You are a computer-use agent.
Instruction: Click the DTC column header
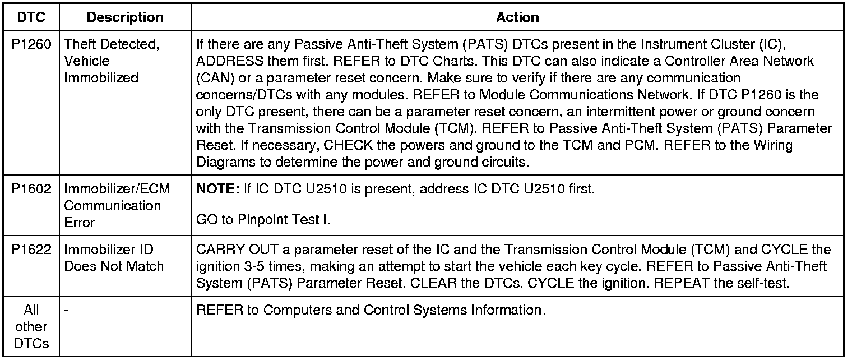(x=31, y=17)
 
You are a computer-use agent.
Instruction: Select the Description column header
(x=124, y=17)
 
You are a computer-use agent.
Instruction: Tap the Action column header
(x=517, y=17)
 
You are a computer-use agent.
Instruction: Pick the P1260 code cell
(x=31, y=44)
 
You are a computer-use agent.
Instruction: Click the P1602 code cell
(x=31, y=189)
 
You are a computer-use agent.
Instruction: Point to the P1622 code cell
(x=31, y=249)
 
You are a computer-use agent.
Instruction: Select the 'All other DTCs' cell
(x=31, y=327)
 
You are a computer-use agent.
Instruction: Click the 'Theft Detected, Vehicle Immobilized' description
(x=111, y=61)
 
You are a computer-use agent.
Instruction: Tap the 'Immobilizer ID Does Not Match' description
(x=114, y=257)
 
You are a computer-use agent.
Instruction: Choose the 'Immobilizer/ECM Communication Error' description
(x=117, y=205)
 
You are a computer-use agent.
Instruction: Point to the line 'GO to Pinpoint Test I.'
(x=263, y=220)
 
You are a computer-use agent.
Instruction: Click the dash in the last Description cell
(x=66, y=310)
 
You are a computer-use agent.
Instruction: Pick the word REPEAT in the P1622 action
(x=684, y=283)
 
